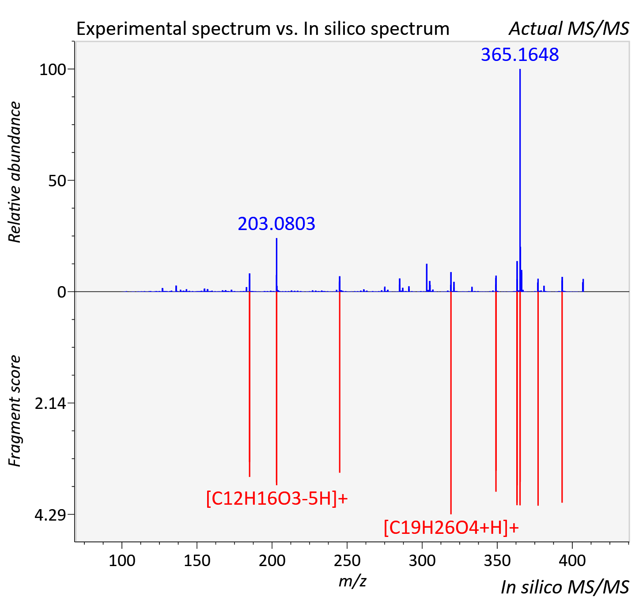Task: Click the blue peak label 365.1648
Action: click(520, 55)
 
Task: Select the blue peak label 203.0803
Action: click(276, 224)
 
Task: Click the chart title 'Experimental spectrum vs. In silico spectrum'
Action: click(263, 29)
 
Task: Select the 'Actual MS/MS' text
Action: click(569, 29)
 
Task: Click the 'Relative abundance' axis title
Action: click(15, 172)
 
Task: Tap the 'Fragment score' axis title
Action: click(15, 411)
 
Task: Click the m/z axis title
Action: click(352, 581)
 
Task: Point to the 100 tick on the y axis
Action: click(53, 70)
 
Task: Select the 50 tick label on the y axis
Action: click(57, 181)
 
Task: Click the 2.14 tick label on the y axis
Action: click(50, 404)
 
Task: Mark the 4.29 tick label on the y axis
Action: click(50, 515)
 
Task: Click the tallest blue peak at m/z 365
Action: click(520, 180)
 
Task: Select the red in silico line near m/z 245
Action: click(339, 382)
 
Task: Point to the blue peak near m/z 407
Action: click(583, 285)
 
